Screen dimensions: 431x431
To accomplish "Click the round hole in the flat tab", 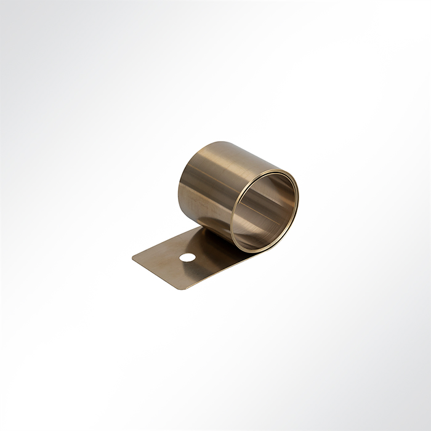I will click(187, 257).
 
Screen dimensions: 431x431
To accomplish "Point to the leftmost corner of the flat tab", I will click(134, 257).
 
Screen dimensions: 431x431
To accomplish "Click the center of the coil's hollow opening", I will click(264, 210).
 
